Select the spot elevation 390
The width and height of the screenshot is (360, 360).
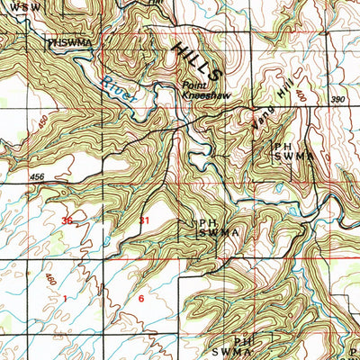[337, 99]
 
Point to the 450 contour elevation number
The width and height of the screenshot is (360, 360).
[41, 121]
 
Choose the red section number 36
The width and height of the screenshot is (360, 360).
[67, 220]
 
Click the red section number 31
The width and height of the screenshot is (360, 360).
[144, 220]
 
